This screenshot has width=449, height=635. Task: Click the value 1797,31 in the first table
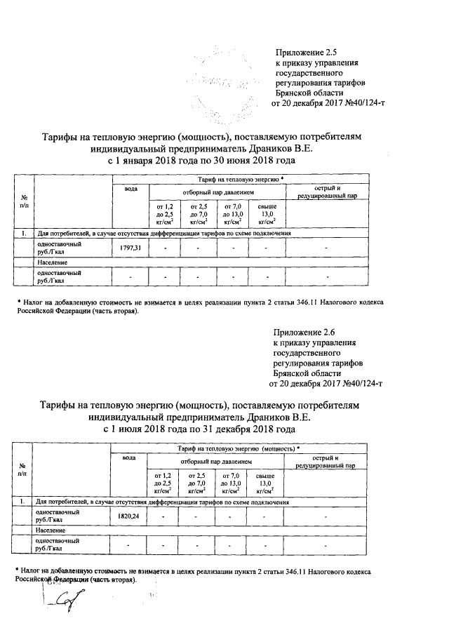click(x=130, y=248)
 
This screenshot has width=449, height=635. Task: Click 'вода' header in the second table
click(x=129, y=458)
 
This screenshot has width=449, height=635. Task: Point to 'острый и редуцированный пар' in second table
click(x=326, y=462)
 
